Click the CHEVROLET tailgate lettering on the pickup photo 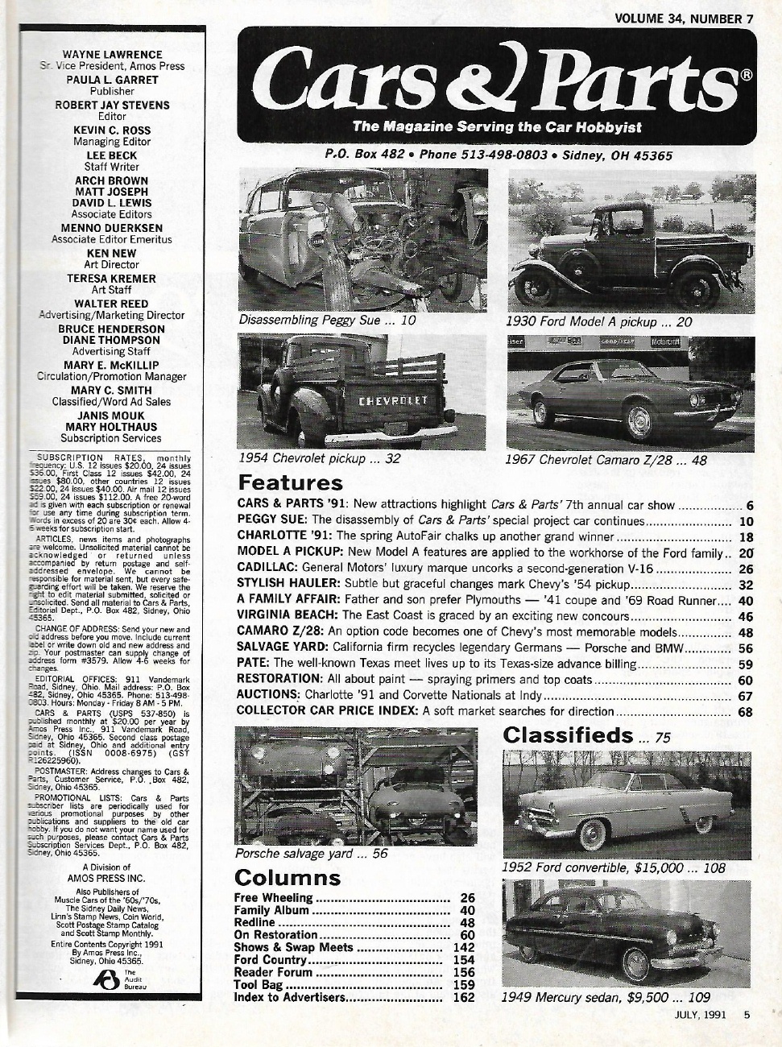point(392,399)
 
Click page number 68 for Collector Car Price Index point(745,712)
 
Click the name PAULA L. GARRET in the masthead point(112,80)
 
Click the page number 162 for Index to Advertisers point(463,998)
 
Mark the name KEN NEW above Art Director point(112,253)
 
